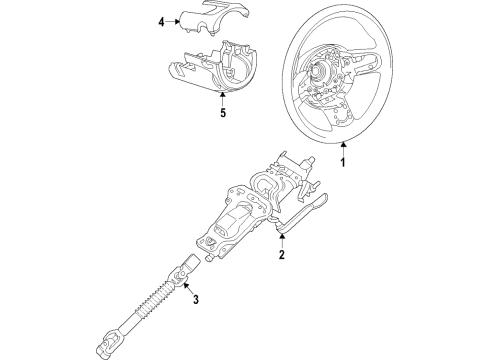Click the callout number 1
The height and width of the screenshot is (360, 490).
[x=343, y=162]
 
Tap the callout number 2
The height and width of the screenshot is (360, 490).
[x=282, y=255]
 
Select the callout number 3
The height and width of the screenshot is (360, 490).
[x=196, y=299]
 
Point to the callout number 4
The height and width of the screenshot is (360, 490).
[x=161, y=22]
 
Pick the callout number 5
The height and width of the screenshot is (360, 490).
[x=223, y=113]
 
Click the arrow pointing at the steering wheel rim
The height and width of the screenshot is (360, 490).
[x=343, y=149]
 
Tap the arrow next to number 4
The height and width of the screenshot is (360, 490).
[x=173, y=22]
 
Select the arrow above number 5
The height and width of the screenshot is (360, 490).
[x=222, y=99]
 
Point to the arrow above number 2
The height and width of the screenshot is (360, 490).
[x=282, y=241]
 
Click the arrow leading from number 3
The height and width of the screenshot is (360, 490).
[x=188, y=288]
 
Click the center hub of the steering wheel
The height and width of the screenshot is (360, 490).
[x=317, y=69]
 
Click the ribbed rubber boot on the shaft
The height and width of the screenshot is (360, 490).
[x=154, y=299]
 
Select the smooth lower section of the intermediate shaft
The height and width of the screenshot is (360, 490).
[x=128, y=325]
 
